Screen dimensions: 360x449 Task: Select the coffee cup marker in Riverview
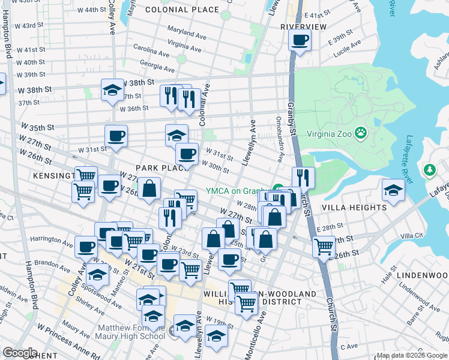pyautogui.click(x=300, y=40)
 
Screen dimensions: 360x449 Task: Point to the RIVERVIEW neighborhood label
pyautogui.click(x=303, y=27)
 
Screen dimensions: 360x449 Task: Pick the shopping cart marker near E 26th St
pyautogui.click(x=324, y=245)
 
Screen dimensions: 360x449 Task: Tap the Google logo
pyautogui.click(x=20, y=353)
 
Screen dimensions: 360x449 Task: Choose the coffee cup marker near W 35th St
pyautogui.click(x=116, y=136)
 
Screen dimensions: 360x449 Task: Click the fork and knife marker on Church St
pyautogui.click(x=303, y=178)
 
